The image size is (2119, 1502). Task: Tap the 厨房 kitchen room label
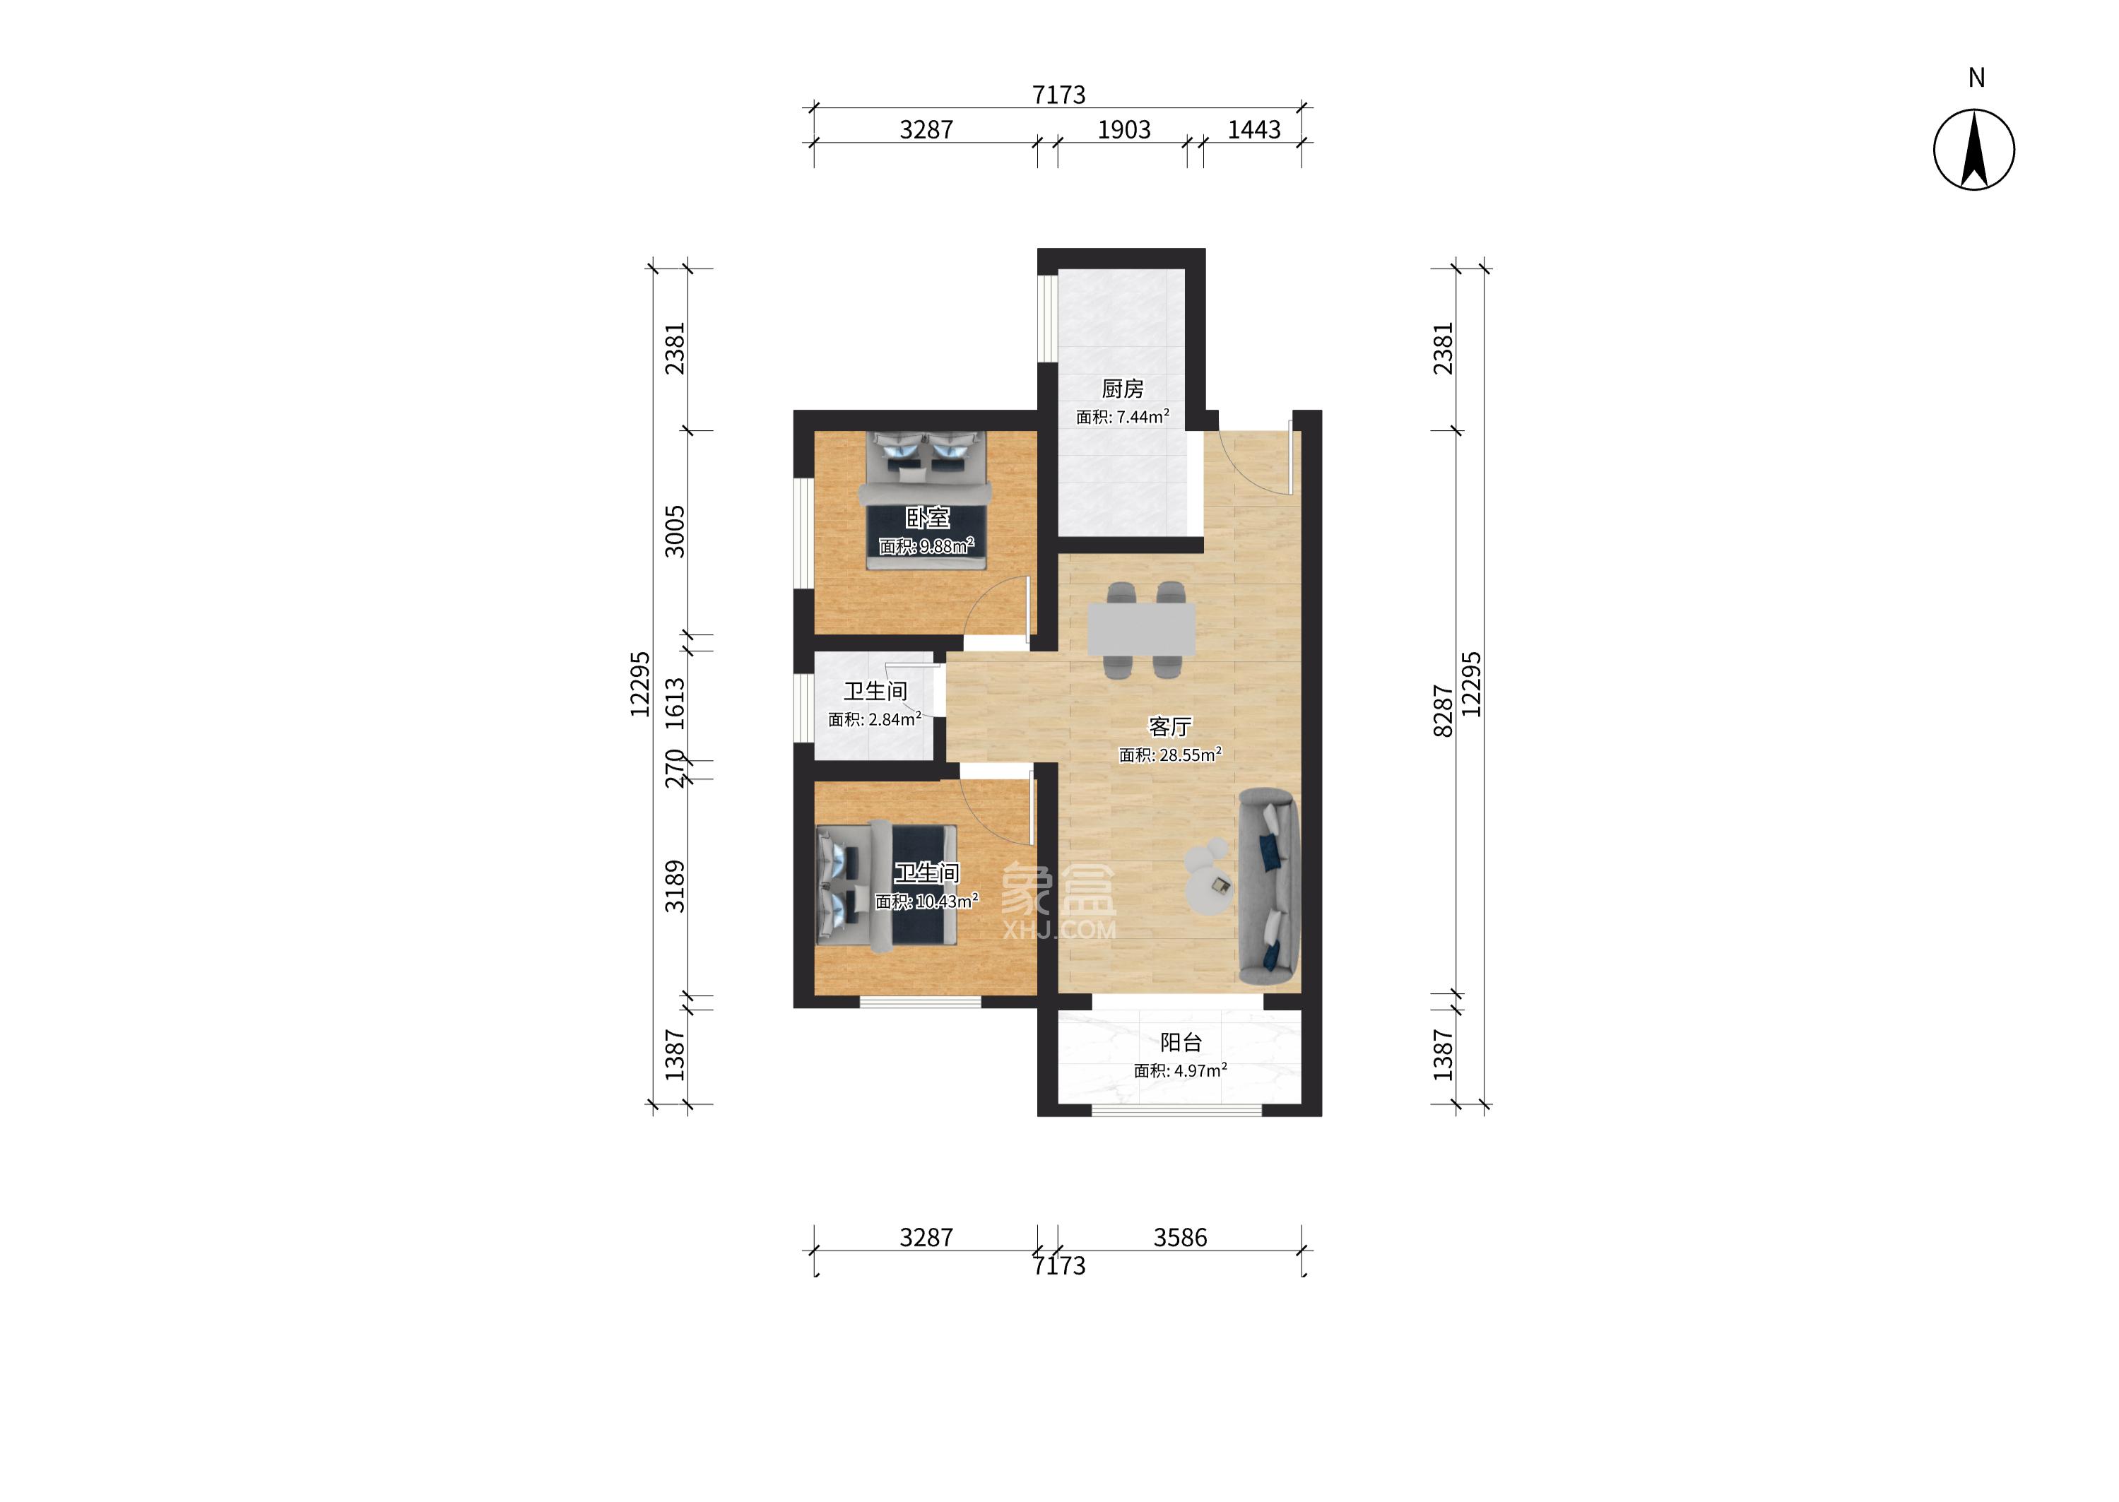pos(1122,389)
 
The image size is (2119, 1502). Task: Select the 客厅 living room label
pos(1170,727)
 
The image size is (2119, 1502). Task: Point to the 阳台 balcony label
pos(1181,1042)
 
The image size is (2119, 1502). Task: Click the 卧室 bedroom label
pos(927,517)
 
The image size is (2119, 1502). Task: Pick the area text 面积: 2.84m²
pos(874,719)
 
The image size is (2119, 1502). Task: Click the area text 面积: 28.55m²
pos(1170,755)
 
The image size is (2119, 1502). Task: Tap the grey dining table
pos(1140,630)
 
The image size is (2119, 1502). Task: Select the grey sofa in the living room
pos(1269,886)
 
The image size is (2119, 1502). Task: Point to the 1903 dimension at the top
pos(1123,129)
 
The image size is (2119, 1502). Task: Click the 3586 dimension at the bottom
pos(1180,1238)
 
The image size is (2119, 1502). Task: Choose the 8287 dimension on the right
pos(1443,710)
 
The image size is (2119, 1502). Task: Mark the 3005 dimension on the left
pos(675,532)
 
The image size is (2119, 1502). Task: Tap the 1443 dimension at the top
pos(1254,129)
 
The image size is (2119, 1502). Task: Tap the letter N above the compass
pos(1976,78)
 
